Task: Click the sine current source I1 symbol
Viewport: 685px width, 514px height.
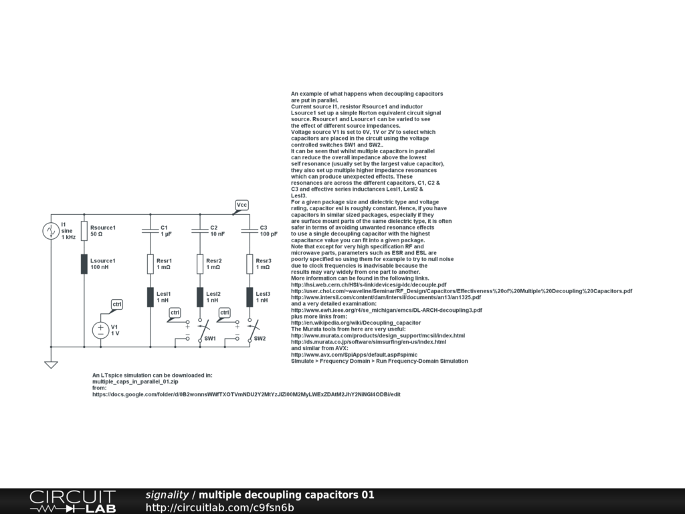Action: [51, 231]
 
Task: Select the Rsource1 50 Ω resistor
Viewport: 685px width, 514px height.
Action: [84, 231]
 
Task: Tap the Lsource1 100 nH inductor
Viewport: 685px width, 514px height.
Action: [84, 264]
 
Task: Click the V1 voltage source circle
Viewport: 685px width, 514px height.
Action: [101, 330]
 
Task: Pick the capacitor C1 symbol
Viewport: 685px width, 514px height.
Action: [151, 231]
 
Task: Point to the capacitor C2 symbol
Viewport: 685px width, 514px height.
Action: [200, 231]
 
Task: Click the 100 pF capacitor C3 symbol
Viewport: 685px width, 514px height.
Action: [250, 231]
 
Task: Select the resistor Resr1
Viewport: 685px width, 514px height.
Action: [151, 264]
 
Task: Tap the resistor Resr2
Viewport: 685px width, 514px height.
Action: [200, 264]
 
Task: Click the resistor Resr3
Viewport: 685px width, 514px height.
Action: [250, 264]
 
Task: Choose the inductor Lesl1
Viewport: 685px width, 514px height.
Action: [151, 296]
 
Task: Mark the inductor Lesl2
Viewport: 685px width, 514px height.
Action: [200, 296]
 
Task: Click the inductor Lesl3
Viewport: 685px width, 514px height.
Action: [250, 296]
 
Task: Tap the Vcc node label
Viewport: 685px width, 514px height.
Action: [242, 205]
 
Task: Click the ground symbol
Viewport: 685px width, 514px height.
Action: [51, 364]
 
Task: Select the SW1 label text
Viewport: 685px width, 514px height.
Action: [210, 339]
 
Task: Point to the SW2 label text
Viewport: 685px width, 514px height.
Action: [260, 339]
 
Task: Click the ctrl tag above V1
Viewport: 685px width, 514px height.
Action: [117, 305]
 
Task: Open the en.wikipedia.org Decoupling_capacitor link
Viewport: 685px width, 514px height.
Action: [356, 323]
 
